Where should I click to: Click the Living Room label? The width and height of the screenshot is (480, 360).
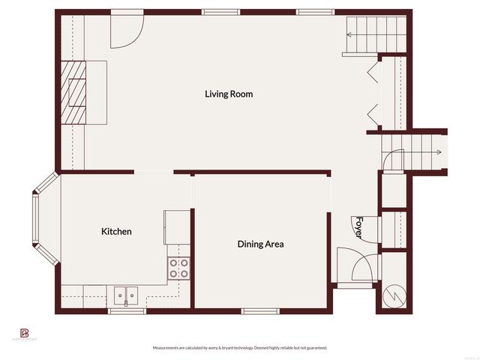(229, 94)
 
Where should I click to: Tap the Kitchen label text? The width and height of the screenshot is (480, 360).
(116, 232)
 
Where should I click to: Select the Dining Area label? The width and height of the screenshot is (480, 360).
(260, 244)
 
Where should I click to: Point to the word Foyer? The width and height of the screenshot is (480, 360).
(359, 227)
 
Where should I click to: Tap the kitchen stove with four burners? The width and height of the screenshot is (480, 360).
(178, 268)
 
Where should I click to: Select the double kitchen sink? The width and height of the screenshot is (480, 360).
(126, 296)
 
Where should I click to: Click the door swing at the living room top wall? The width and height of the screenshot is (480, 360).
(125, 28)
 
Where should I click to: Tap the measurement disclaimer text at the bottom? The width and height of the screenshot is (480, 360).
(239, 348)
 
